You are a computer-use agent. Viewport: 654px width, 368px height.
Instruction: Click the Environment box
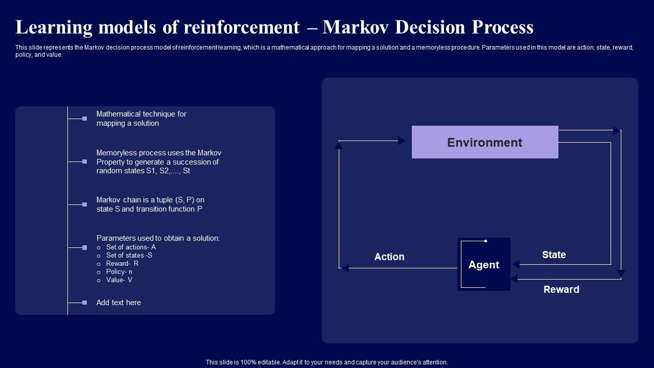(x=485, y=142)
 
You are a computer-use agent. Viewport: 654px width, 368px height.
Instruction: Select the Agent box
(x=484, y=264)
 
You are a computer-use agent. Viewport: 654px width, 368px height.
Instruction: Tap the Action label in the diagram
(x=389, y=257)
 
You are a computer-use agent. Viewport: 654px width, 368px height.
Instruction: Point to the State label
(x=554, y=255)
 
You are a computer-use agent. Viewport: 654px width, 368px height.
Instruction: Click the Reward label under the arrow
(x=561, y=289)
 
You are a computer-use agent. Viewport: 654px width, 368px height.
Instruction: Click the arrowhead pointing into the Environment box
(x=402, y=141)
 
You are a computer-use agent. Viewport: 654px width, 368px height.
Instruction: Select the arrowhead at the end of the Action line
(x=345, y=267)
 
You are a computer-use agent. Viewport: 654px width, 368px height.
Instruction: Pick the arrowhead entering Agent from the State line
(x=516, y=264)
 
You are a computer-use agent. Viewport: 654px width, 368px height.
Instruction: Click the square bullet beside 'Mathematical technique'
(x=84, y=119)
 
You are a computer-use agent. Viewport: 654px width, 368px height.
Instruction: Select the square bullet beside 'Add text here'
(x=84, y=303)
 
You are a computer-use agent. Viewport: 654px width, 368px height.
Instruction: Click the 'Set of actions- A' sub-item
(x=131, y=247)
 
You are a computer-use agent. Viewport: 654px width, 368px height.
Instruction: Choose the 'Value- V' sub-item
(x=119, y=280)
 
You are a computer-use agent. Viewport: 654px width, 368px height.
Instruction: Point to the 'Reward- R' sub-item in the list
(x=122, y=263)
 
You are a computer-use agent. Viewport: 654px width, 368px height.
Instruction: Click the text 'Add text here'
(x=119, y=303)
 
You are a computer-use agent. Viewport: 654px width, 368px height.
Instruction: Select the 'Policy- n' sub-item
(x=119, y=271)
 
